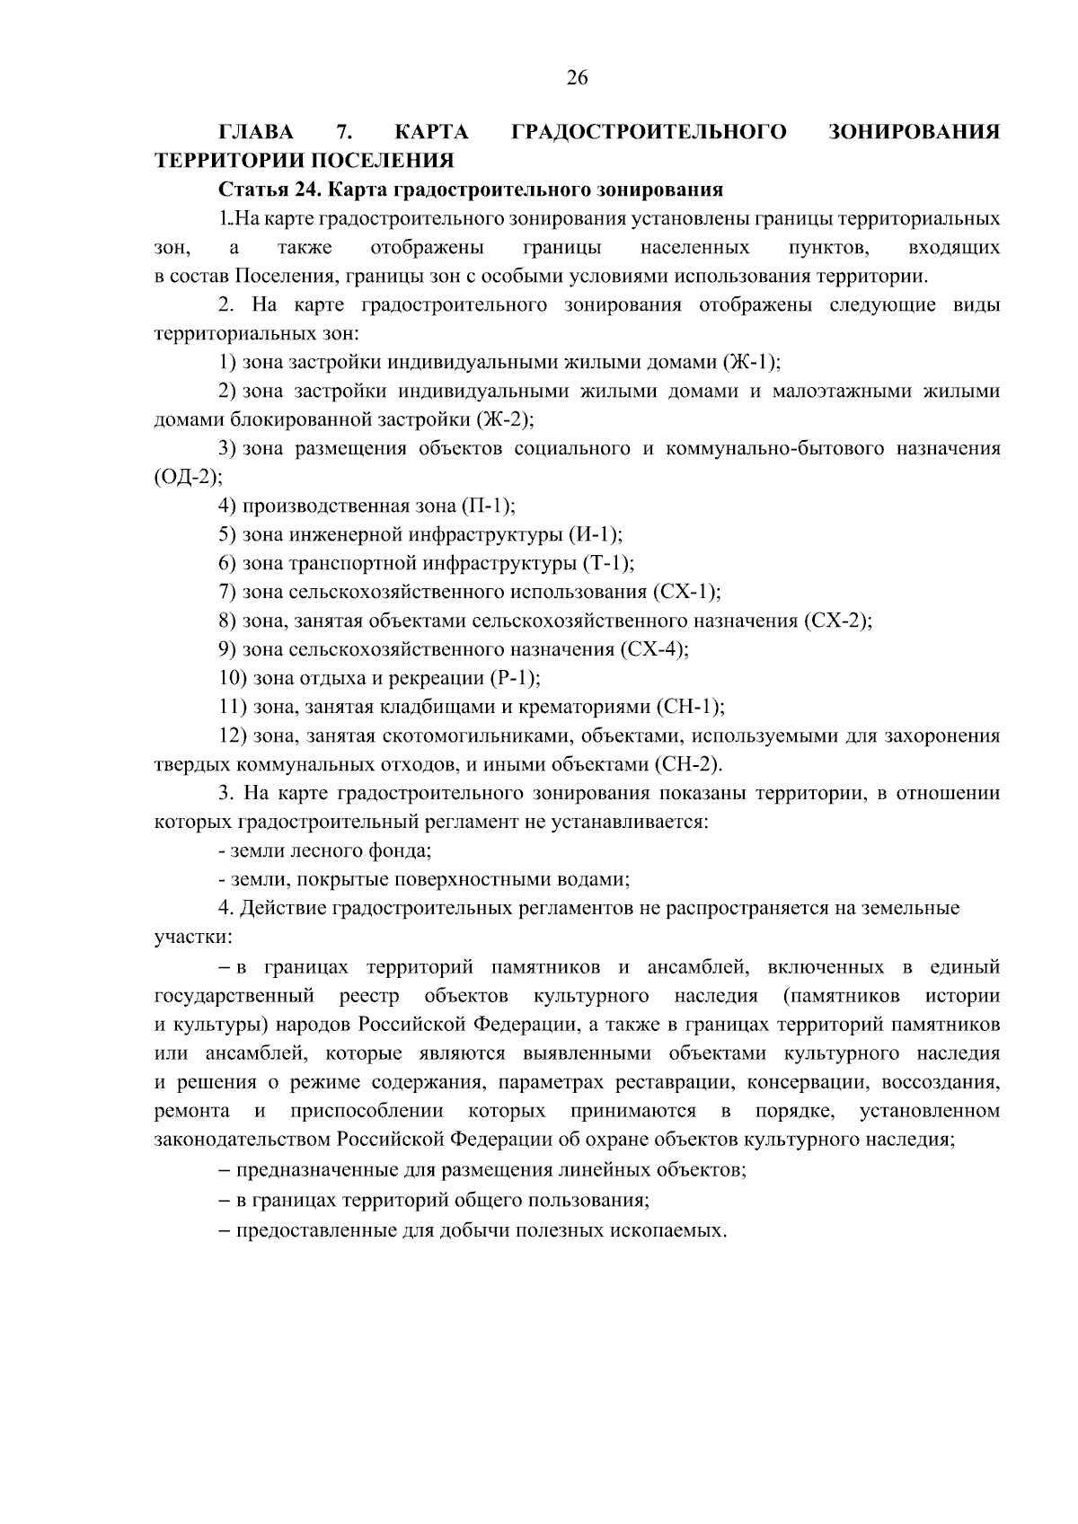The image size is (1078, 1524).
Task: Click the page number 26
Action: (x=577, y=79)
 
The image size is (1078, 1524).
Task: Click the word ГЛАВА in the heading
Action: (x=256, y=133)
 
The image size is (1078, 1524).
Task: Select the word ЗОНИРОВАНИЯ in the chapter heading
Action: (x=913, y=133)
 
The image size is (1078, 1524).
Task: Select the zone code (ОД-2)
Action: (x=189, y=478)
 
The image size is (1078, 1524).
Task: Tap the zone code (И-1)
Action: (x=595, y=535)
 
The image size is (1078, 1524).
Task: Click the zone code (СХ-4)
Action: (x=654, y=650)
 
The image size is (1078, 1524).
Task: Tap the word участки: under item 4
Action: (x=193, y=938)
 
